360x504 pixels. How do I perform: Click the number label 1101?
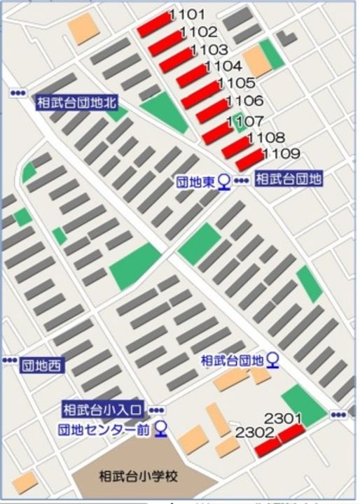coord(187,14)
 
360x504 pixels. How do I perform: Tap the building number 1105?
coord(231,83)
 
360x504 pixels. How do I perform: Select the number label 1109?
coord(281,153)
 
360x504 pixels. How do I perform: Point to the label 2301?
coord(283,419)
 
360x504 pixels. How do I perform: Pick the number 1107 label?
coord(245,121)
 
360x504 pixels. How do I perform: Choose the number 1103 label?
coord(209,50)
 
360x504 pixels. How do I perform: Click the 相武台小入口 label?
coord(103,409)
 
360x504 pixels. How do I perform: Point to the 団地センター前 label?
coord(104,428)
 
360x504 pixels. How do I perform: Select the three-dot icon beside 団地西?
coord(9,360)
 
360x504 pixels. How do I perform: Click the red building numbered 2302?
coord(265,446)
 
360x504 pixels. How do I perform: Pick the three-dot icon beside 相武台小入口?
coord(157,409)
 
